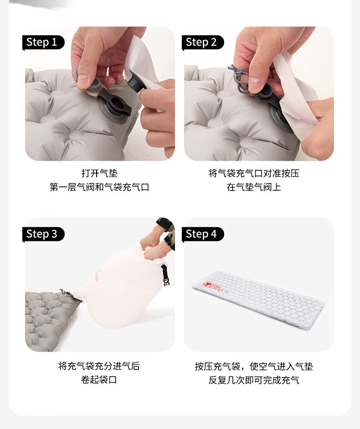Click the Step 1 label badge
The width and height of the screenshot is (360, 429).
(x=43, y=42)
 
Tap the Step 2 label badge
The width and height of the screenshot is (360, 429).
(x=203, y=42)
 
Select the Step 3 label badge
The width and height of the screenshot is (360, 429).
(x=43, y=234)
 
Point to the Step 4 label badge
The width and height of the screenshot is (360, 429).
(x=203, y=234)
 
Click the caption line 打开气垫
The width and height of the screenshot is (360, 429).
(x=99, y=173)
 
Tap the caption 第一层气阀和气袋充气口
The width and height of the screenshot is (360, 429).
(x=99, y=187)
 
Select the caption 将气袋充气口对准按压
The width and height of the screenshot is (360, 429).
(x=254, y=173)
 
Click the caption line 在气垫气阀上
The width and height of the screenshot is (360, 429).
(x=254, y=187)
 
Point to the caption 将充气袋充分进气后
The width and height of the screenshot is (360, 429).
(x=99, y=366)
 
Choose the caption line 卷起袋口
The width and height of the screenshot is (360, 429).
(x=99, y=380)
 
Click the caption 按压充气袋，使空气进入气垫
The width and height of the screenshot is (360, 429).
(x=254, y=366)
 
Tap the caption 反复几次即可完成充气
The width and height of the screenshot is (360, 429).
(x=254, y=380)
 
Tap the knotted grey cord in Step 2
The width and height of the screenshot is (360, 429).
(x=240, y=78)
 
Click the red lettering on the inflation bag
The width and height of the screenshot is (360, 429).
(x=97, y=276)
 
